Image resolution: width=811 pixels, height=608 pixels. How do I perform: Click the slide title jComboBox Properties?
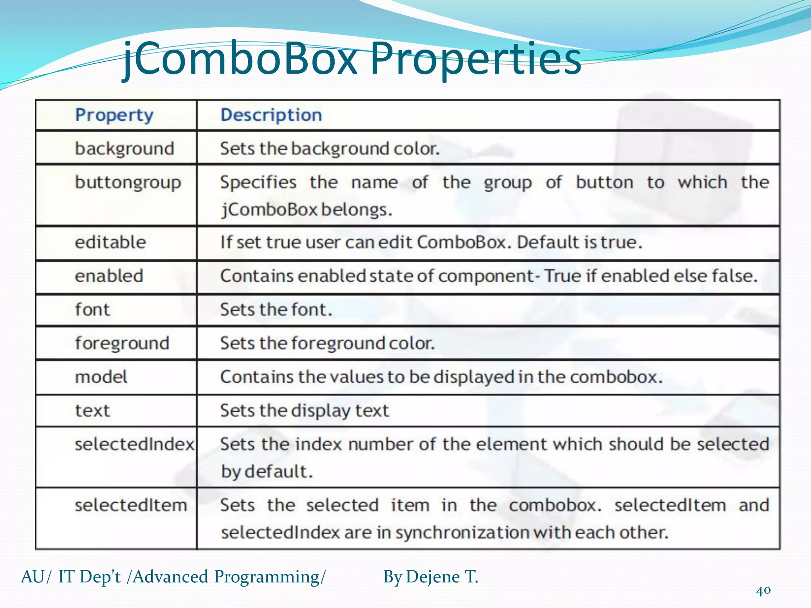[x=352, y=59]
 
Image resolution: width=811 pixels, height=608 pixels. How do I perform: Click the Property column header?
[x=114, y=115]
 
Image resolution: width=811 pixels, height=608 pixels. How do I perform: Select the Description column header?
[x=271, y=115]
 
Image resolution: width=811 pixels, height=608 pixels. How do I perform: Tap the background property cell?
[x=124, y=149]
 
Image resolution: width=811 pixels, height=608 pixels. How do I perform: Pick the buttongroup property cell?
[x=128, y=183]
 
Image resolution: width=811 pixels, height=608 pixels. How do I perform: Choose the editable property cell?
[x=110, y=242]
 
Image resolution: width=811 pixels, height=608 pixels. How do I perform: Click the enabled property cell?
[x=109, y=276]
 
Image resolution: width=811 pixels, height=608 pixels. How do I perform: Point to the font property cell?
[x=92, y=310]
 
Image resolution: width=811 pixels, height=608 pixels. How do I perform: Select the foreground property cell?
[x=122, y=343]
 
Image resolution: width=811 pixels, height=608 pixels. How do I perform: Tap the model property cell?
[x=101, y=377]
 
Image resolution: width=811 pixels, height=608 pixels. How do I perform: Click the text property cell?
[x=92, y=410]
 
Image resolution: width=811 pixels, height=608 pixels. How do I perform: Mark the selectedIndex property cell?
[x=134, y=444]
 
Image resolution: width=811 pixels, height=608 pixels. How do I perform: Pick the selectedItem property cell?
[x=131, y=505]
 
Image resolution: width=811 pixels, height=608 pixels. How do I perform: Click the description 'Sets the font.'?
[x=276, y=310]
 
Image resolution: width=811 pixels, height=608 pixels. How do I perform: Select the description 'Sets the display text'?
[x=305, y=410]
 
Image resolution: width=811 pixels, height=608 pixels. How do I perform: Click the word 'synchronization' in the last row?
[x=462, y=533]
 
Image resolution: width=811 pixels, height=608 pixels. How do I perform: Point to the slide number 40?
[x=763, y=591]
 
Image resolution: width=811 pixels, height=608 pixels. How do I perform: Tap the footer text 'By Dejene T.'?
[x=430, y=577]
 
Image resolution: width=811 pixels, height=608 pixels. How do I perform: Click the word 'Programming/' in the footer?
[x=270, y=577]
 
